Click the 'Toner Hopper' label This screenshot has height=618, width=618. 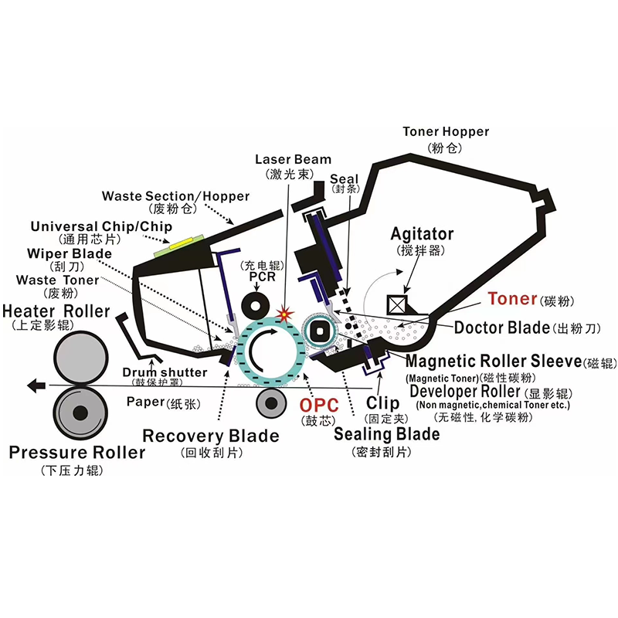(x=446, y=132)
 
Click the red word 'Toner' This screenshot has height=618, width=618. (x=512, y=299)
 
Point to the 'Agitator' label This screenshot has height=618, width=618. (x=422, y=234)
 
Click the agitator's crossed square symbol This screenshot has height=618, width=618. (x=401, y=303)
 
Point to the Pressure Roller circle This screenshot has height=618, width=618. (x=80, y=413)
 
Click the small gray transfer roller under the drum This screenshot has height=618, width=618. (x=270, y=402)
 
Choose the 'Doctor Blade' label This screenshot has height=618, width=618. (x=501, y=328)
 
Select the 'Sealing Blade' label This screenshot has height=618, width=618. (x=386, y=434)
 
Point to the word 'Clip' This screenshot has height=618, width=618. (x=382, y=402)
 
